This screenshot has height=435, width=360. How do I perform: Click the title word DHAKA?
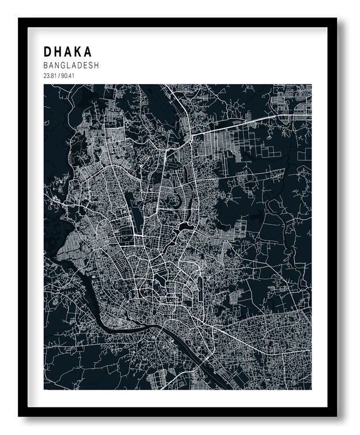tap(67, 51)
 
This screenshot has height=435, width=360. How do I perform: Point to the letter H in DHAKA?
tap(58, 51)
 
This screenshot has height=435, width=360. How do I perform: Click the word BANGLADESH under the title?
tap(71, 66)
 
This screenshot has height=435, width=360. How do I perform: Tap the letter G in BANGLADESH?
tap(63, 66)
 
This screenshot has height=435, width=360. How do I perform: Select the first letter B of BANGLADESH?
tap(46, 66)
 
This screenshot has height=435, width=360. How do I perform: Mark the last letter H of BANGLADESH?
tap(96, 66)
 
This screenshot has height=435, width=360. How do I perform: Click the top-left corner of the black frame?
tap(20, 19)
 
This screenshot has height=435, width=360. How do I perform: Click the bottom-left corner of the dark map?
tap(44, 389)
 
